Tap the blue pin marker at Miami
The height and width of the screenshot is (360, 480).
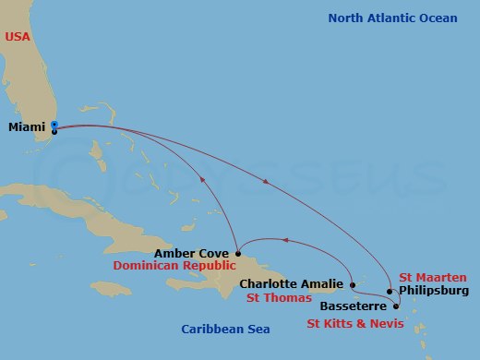coord(54,126)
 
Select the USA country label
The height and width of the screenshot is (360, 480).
coord(18,36)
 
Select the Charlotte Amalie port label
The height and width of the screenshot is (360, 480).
coord(293,284)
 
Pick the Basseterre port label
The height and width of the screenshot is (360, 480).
coord(355,303)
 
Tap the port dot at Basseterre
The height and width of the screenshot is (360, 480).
coord(396,305)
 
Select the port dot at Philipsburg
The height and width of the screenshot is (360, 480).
coord(390,291)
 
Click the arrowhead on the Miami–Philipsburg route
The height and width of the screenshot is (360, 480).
coord(267,182)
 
